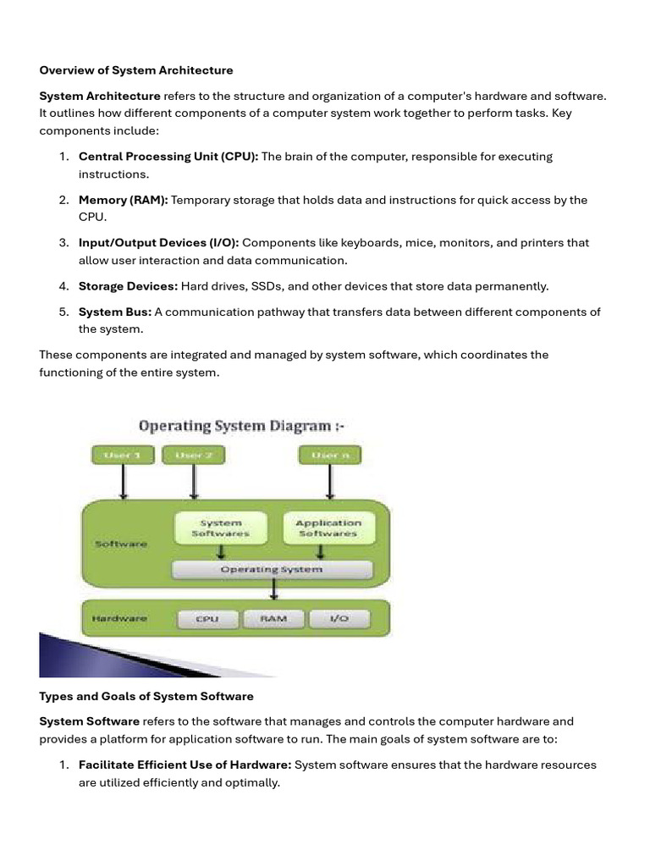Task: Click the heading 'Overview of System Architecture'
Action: click(136, 70)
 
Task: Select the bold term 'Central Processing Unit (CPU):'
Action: click(168, 157)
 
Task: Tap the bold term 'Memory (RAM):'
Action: click(124, 200)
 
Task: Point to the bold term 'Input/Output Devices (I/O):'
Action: click(159, 243)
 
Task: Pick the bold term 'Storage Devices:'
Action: click(128, 286)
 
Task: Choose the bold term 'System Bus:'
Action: click(115, 312)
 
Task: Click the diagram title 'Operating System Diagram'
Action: click(234, 426)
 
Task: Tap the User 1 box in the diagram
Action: click(123, 456)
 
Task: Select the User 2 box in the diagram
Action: click(194, 456)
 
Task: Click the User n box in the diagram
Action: click(329, 456)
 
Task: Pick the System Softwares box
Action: click(220, 528)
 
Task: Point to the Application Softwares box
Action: click(328, 528)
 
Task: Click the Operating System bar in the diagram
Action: click(271, 570)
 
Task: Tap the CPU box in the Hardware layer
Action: click(207, 619)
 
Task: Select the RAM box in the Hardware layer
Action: click(273, 619)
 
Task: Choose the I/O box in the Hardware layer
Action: click(339, 619)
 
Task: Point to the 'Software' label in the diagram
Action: click(121, 544)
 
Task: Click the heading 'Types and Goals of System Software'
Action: click(146, 697)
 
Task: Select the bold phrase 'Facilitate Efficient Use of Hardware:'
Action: click(185, 765)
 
